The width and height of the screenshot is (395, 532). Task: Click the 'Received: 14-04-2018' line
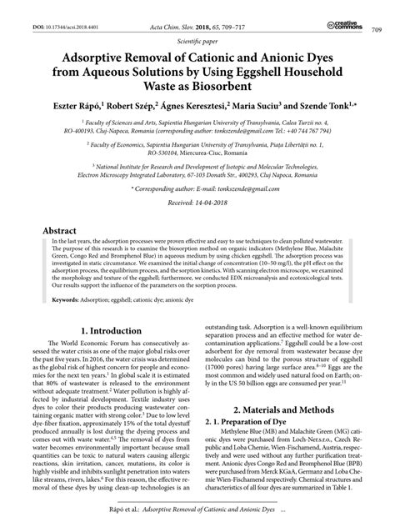[x=197, y=203]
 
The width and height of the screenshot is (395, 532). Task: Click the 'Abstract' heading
[x=64, y=228]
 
